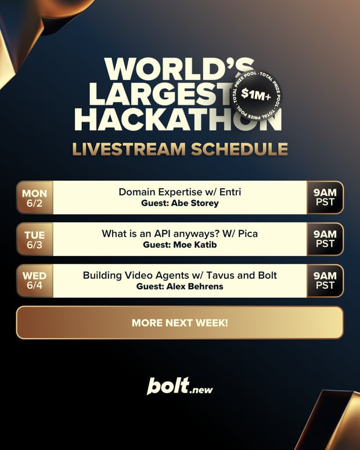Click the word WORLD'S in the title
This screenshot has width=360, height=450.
point(179,70)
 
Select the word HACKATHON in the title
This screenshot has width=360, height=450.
point(178,119)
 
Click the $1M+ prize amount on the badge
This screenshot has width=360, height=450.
point(256,94)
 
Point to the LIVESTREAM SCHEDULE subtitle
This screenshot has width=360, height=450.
point(180,149)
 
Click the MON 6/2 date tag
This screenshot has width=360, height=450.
point(35,198)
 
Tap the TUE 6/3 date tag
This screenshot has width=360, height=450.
point(35,239)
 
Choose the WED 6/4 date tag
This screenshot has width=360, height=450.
point(35,281)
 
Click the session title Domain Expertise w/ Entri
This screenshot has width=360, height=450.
point(180,192)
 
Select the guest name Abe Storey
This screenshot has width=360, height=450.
point(195,203)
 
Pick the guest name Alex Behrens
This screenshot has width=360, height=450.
point(195,286)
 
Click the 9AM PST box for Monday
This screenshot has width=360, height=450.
point(325,198)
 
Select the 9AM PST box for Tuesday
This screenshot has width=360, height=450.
point(325,239)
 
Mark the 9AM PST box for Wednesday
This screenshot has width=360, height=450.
point(325,281)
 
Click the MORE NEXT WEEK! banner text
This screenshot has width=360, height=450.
point(180,323)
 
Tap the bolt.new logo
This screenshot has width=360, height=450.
point(180,386)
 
